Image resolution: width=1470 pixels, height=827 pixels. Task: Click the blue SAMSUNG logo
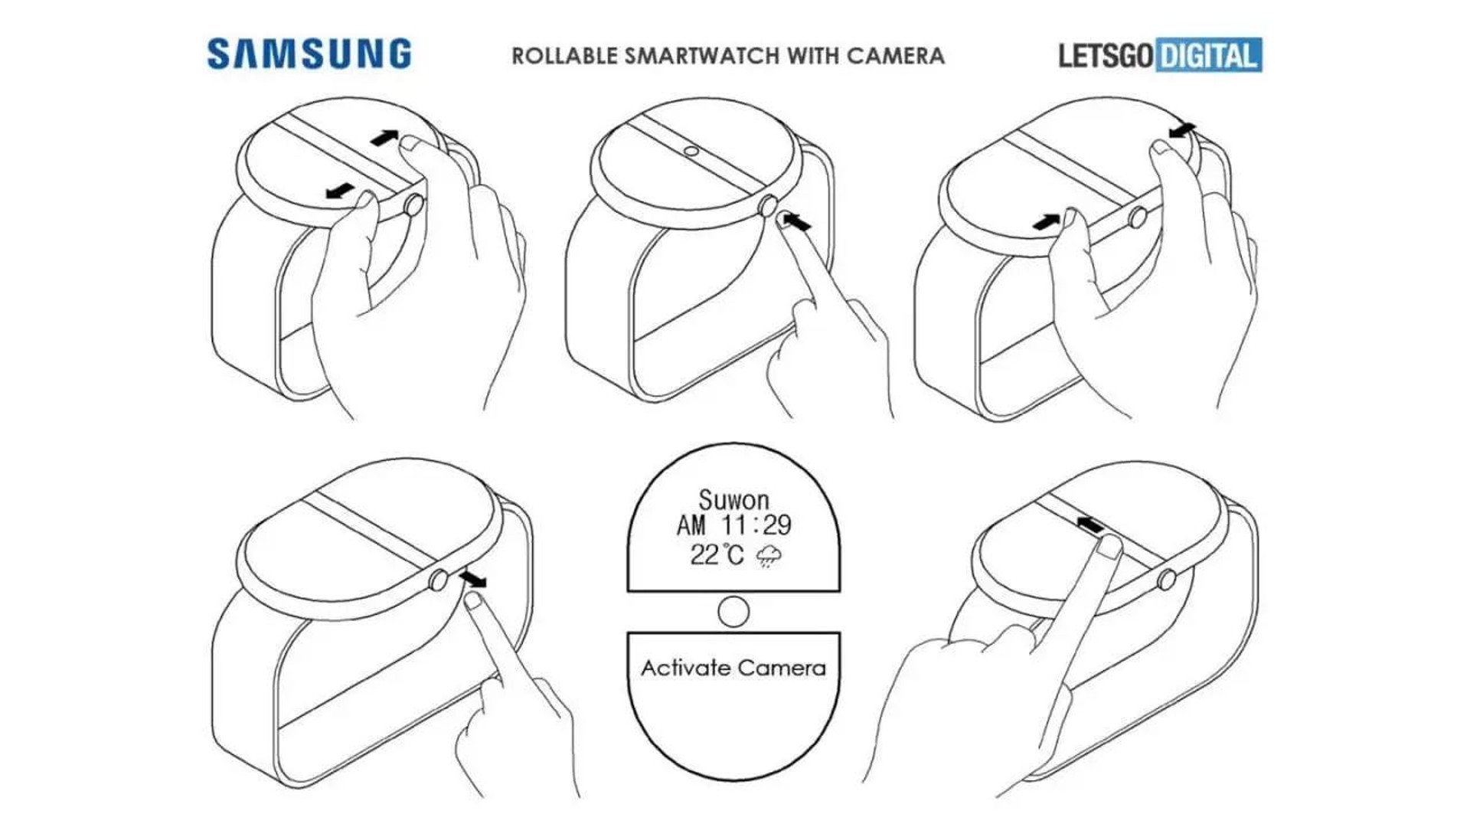tap(309, 54)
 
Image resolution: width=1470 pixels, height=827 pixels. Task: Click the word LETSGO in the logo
tap(1106, 56)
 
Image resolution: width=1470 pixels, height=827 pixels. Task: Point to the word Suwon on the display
tap(733, 500)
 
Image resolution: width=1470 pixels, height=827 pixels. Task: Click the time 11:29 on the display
tap(756, 525)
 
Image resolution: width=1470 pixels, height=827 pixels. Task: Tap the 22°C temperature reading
tap(717, 554)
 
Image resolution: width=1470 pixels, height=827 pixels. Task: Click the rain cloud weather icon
tap(769, 556)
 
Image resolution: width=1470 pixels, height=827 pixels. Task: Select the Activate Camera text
tap(733, 668)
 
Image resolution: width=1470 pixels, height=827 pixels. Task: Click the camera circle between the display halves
tap(733, 612)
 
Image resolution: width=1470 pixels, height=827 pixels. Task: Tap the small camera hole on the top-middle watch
tap(691, 152)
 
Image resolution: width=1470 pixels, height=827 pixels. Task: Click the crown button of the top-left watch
tap(413, 205)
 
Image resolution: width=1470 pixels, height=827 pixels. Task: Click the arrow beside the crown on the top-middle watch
tap(796, 222)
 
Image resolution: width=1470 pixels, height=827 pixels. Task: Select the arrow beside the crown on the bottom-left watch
tap(473, 578)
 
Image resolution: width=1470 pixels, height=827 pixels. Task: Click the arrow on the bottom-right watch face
tap(1089, 525)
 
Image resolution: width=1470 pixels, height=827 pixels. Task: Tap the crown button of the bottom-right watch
tap(1167, 580)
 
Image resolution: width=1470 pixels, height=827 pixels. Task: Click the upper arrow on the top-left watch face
tap(384, 138)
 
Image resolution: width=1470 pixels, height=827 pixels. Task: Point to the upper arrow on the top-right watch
tap(1182, 130)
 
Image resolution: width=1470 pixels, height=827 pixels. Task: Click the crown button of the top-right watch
tap(1138, 217)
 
